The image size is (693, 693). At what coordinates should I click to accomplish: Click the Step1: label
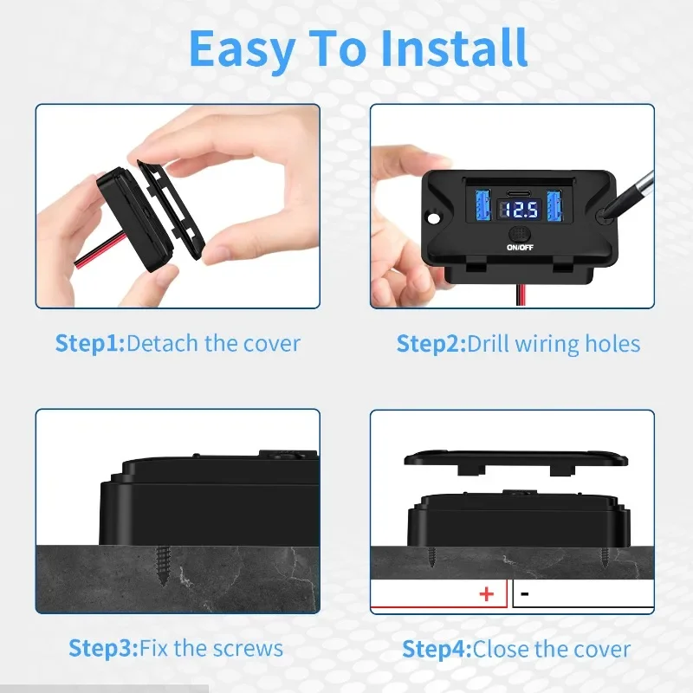[x=90, y=343]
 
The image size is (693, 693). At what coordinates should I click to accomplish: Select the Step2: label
[x=431, y=344]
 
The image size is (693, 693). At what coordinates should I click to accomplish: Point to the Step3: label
[x=104, y=649]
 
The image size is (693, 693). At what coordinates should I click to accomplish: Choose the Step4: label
[x=437, y=650]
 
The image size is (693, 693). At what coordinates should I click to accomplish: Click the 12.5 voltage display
[x=519, y=210]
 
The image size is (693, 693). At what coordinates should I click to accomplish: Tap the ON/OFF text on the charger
[x=521, y=248]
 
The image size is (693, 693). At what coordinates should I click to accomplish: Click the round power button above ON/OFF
[x=520, y=233]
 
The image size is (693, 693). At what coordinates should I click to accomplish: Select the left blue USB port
[x=483, y=205]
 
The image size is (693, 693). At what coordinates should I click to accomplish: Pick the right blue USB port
[x=554, y=206]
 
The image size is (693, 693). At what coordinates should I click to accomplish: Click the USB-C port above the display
[x=519, y=193]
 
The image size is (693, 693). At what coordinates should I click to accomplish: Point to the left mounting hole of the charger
[x=434, y=218]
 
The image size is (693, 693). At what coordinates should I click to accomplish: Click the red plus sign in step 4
[x=487, y=594]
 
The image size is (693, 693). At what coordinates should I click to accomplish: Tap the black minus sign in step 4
[x=525, y=593]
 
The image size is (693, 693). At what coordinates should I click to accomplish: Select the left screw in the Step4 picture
[x=431, y=557]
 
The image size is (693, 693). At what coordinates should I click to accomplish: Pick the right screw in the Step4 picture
[x=605, y=558]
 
